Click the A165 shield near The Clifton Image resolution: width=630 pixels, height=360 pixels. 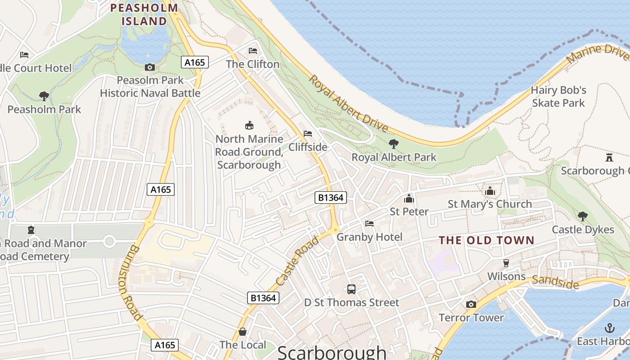[x=195, y=62]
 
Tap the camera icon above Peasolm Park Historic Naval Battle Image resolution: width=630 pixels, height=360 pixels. [x=150, y=67]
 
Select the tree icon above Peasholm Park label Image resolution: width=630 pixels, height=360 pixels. [x=44, y=96]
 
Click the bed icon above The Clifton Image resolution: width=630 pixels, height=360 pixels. [x=253, y=50]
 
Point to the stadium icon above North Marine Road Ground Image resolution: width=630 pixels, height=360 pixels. [x=249, y=125]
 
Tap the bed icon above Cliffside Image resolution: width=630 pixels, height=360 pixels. [x=308, y=134]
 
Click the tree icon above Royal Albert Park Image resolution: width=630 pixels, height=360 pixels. [x=394, y=144]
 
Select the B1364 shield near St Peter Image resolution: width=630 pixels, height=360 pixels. [x=331, y=197]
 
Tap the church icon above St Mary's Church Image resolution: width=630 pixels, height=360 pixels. [x=490, y=191]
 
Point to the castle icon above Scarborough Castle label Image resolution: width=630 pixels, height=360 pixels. [x=609, y=157]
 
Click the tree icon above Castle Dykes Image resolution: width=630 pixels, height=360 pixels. [x=583, y=216]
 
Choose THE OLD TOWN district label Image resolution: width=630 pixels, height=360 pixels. [x=486, y=240]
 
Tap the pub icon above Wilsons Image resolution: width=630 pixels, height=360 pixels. [x=506, y=263]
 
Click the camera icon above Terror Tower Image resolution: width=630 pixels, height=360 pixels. [x=471, y=304]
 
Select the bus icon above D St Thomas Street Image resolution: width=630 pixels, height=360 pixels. [x=351, y=289]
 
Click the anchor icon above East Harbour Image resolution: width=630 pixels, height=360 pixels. [x=609, y=328]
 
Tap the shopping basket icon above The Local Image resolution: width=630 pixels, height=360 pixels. [x=243, y=332]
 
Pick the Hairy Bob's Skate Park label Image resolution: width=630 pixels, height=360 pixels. [x=558, y=96]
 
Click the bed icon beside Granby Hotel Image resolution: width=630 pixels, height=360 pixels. [x=369, y=224]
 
